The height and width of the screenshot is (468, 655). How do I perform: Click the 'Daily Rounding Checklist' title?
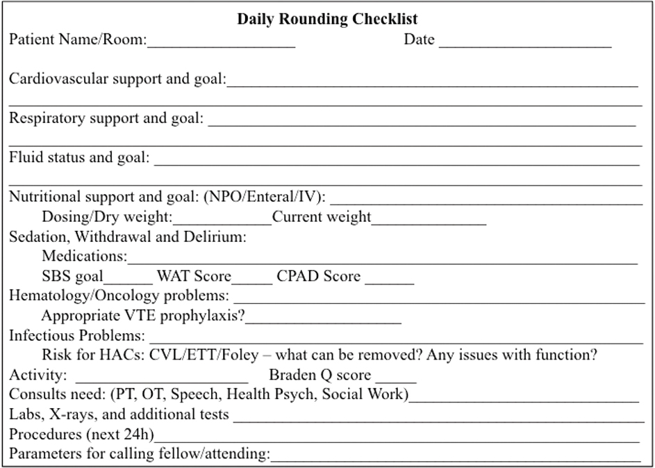coord(327,19)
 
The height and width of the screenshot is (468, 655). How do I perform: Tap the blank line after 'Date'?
coord(525,43)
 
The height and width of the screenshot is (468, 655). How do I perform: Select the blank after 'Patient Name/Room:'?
coord(222,43)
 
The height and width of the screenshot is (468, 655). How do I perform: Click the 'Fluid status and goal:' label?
coord(79,157)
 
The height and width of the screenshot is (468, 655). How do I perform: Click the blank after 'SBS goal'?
coord(128,280)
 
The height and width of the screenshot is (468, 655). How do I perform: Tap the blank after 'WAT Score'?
coord(252,280)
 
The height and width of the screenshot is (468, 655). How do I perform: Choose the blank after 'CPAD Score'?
coord(389,280)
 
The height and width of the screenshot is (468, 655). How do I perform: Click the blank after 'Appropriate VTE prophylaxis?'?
coord(324,319)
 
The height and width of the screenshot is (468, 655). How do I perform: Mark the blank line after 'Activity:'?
coord(161,379)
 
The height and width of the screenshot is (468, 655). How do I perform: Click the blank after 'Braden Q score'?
coord(395,379)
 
